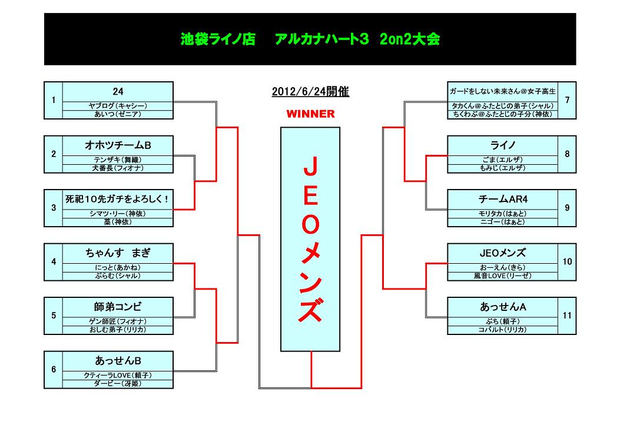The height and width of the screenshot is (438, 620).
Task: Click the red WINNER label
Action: (x=310, y=114)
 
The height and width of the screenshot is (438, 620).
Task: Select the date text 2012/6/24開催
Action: (x=310, y=92)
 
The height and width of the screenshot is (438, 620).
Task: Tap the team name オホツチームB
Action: (x=118, y=145)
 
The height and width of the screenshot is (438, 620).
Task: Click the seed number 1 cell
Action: (x=54, y=101)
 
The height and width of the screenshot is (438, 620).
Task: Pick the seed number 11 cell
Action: (x=567, y=316)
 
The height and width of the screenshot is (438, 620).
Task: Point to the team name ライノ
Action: (x=503, y=145)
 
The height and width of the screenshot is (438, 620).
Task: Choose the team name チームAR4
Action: (x=503, y=199)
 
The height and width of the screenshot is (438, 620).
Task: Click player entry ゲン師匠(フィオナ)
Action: (x=118, y=321)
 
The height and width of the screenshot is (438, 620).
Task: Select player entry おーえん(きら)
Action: (x=503, y=268)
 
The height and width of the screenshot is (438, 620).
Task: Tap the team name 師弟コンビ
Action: (x=118, y=307)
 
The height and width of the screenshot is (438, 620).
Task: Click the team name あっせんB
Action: (x=118, y=360)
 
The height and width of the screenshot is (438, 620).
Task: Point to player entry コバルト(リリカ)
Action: (x=503, y=330)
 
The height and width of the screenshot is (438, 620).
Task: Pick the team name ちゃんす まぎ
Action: (x=118, y=253)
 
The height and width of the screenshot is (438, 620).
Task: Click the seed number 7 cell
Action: (x=567, y=101)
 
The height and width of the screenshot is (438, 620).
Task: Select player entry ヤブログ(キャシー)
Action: (x=118, y=106)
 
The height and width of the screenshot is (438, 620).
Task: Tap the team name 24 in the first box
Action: (x=118, y=92)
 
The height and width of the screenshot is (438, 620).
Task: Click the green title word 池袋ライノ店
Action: (x=218, y=39)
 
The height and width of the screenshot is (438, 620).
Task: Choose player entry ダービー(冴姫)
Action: (x=118, y=383)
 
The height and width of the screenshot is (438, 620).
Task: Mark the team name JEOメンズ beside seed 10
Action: (x=503, y=253)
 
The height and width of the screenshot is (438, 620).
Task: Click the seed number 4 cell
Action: (x=54, y=262)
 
